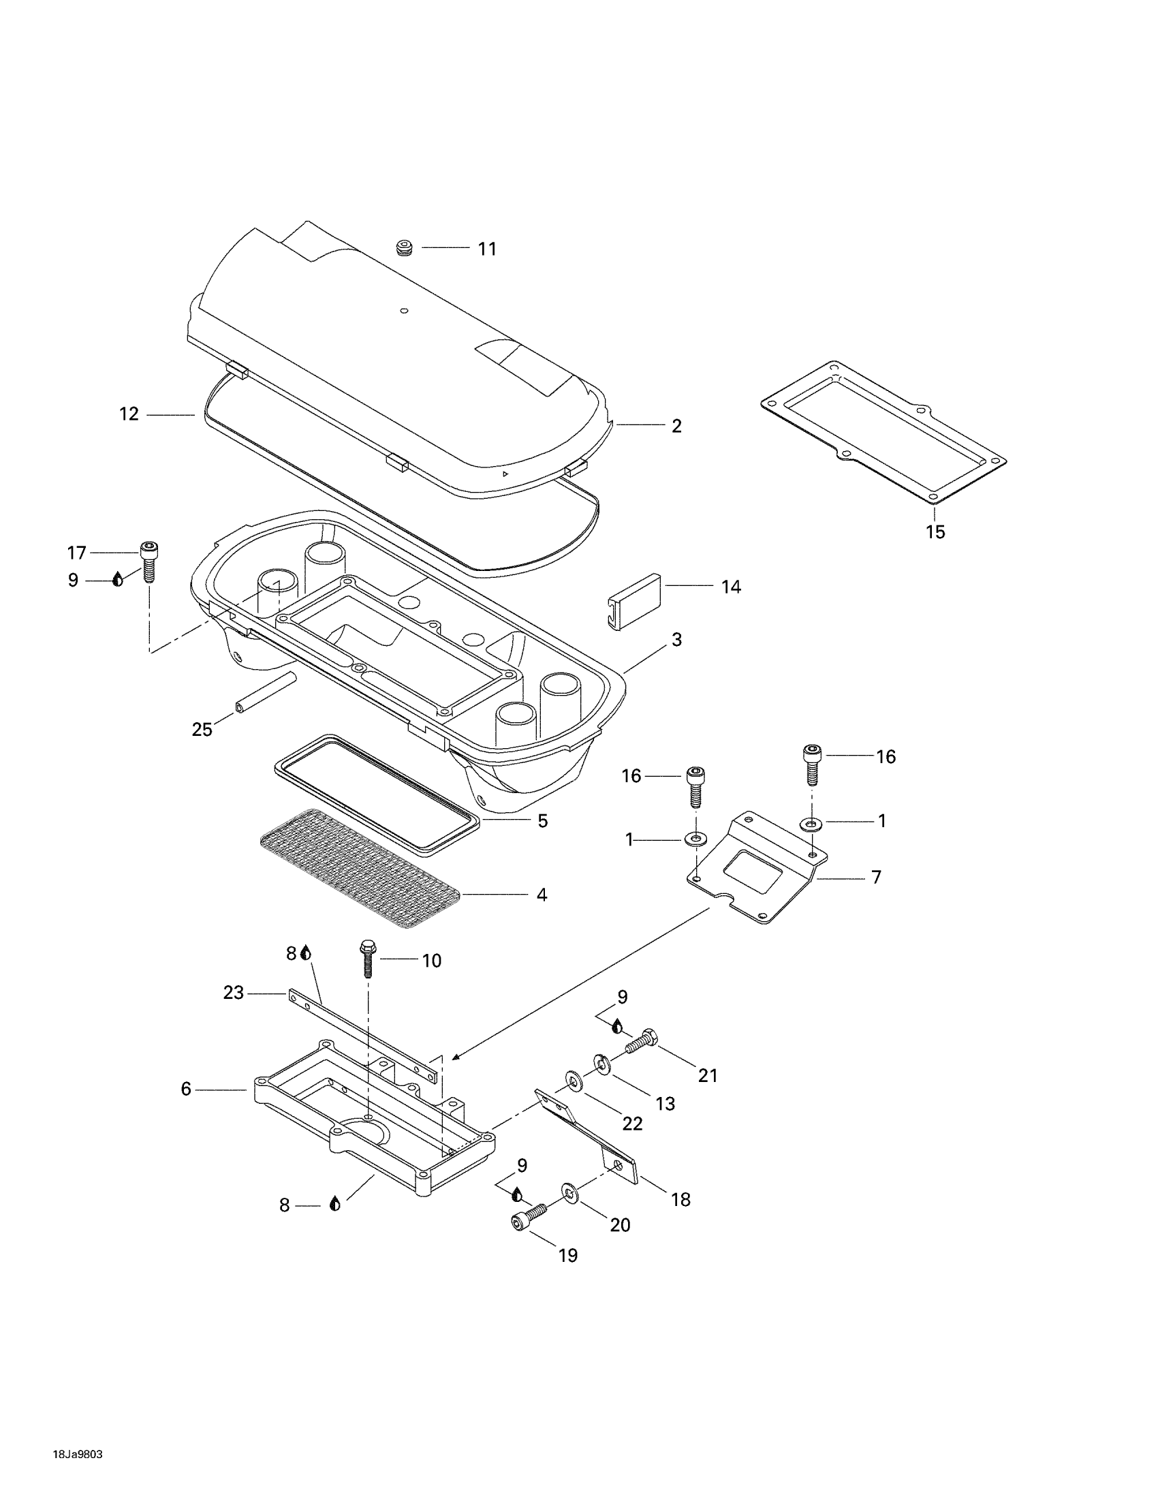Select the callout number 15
(x=935, y=531)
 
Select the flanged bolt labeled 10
(x=367, y=959)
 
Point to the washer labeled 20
(x=569, y=1192)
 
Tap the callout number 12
(x=129, y=414)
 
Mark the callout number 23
(x=233, y=993)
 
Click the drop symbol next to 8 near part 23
(x=306, y=953)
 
